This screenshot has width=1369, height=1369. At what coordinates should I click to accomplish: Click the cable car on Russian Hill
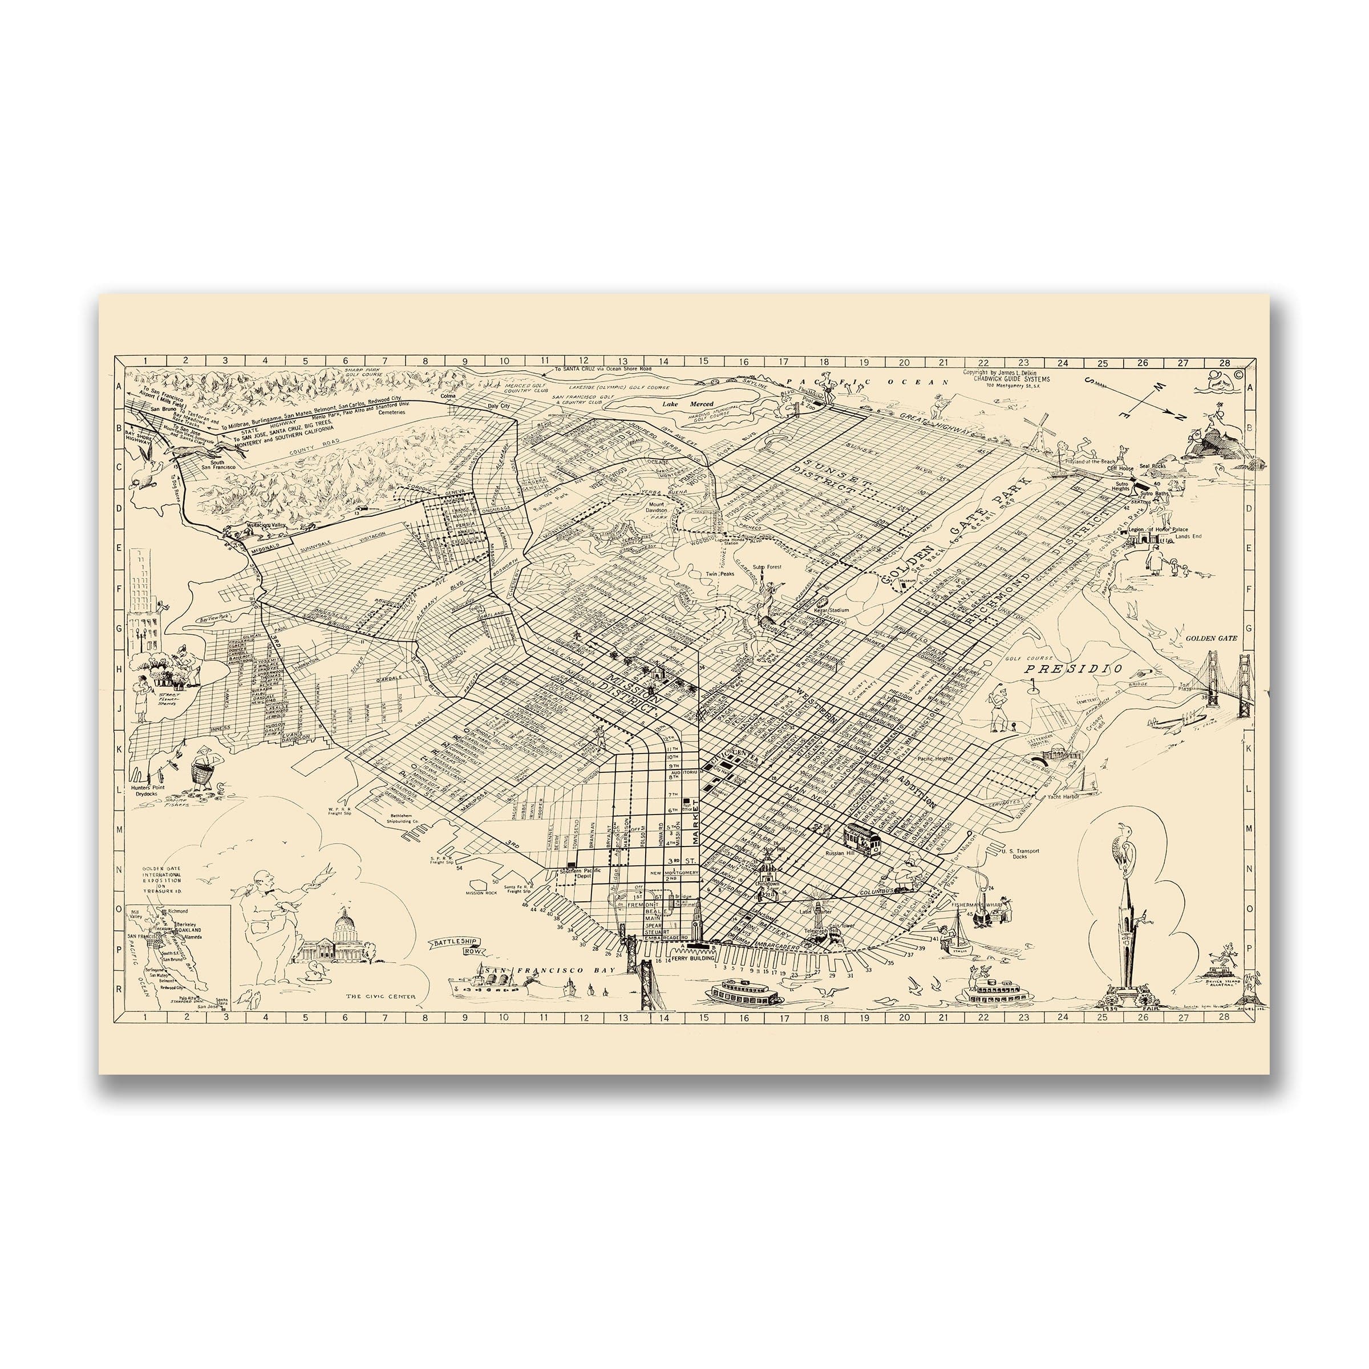[863, 839]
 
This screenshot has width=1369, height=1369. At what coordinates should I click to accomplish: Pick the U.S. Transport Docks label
[1020, 854]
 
